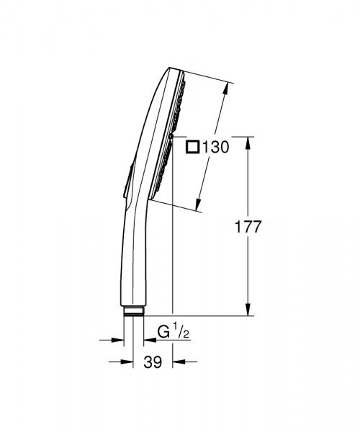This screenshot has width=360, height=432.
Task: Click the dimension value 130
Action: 215,148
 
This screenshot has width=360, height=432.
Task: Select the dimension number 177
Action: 248,226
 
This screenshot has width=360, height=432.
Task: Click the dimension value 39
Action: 151,364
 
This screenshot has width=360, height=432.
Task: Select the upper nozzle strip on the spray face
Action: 181,101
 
